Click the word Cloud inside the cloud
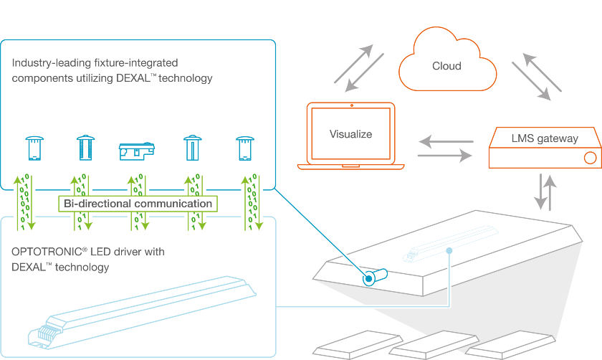point(446,66)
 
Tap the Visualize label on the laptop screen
point(350,133)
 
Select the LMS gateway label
point(545,138)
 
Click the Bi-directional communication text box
point(138,204)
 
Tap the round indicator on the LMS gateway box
point(591,157)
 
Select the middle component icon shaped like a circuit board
point(136,150)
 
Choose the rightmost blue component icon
point(244,148)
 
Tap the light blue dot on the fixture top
point(449,250)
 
